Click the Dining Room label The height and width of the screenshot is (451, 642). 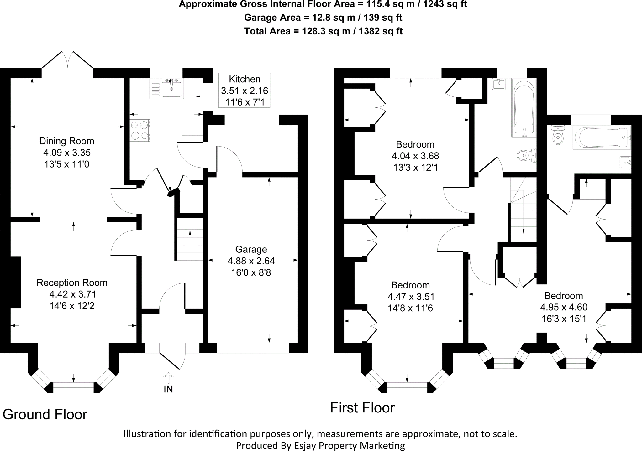coord(66,141)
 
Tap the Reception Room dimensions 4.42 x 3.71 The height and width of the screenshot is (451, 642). coord(72,294)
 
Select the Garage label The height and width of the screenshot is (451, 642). coord(251,250)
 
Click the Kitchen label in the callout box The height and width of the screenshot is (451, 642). coord(245,79)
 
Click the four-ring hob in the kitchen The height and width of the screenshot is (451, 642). coord(140,130)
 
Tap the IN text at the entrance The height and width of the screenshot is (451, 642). coord(168,389)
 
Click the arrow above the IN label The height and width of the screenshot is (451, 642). coord(169,378)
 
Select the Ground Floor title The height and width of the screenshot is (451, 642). coord(45,415)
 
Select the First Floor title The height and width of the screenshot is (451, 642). coord(362,408)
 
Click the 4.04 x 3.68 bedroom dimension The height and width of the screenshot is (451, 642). coord(415,156)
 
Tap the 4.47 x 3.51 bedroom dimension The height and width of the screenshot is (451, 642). coord(411,297)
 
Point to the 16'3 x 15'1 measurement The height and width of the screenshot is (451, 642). coord(564,319)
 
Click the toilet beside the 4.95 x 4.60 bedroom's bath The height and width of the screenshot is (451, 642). coord(557,135)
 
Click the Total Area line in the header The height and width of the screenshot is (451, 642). coord(323,31)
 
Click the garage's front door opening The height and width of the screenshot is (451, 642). coord(253,348)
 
